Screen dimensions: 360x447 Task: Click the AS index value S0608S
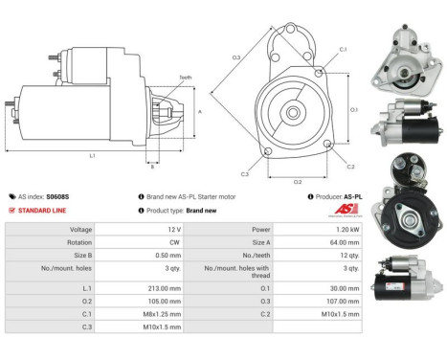(x=60, y=195)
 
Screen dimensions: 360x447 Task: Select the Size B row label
(x=81, y=257)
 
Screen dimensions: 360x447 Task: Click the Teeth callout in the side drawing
(x=184, y=78)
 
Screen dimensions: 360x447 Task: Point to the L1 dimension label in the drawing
(x=92, y=154)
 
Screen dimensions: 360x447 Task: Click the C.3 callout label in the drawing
(x=245, y=174)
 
